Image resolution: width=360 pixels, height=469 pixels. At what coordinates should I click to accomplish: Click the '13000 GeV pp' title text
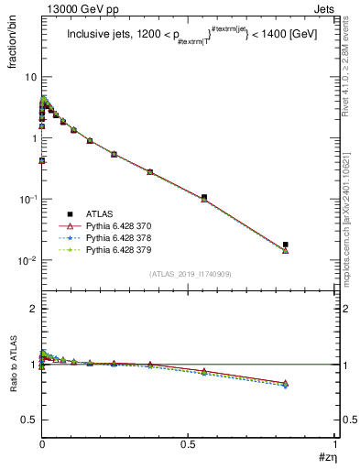point(74,8)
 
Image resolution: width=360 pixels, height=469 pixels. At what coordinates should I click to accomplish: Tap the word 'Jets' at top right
point(324,8)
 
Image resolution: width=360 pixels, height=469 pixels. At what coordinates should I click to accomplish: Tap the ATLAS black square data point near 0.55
point(204,197)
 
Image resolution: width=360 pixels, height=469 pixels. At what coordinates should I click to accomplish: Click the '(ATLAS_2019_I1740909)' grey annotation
point(189,275)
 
